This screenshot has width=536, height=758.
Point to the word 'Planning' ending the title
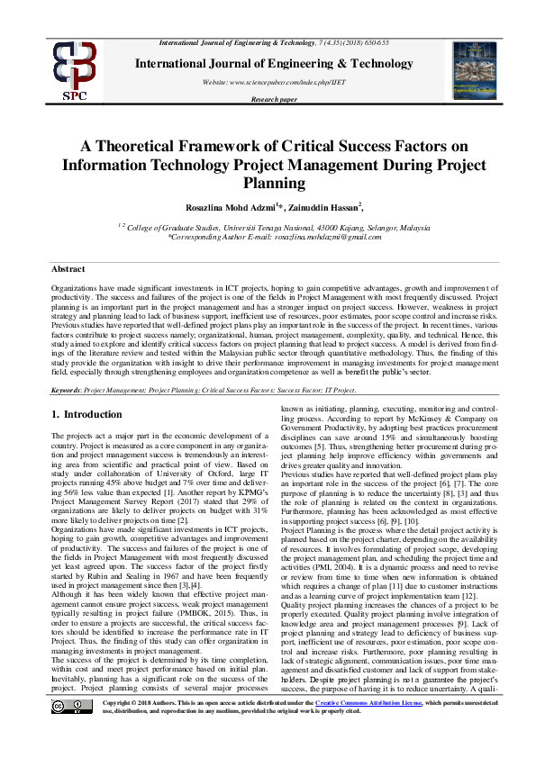click(268, 184)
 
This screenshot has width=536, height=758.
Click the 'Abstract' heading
click(68, 269)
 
